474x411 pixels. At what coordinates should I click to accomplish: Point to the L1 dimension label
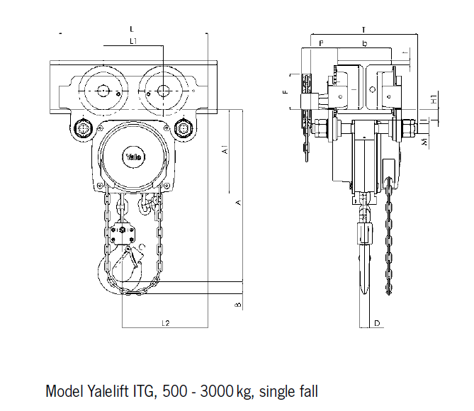point(132,42)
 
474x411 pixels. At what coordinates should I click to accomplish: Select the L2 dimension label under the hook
point(165,323)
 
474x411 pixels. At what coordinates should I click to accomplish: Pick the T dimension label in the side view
point(363,30)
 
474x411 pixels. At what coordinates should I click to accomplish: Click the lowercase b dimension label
point(364,44)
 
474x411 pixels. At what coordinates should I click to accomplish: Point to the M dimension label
point(424,142)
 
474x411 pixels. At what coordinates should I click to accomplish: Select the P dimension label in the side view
point(321,44)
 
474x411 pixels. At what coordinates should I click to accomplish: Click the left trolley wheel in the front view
point(101,91)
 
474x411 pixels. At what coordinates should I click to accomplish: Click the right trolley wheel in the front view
point(163,91)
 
